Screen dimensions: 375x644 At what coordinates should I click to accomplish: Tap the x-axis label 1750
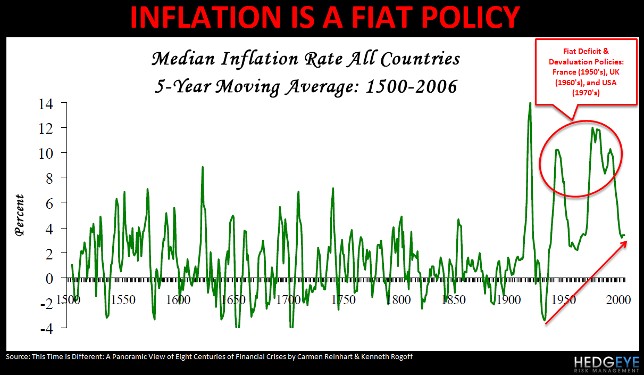click(343, 300)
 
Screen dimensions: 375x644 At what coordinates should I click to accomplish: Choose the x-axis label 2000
click(618, 300)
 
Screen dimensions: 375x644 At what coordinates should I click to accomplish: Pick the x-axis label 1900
click(508, 300)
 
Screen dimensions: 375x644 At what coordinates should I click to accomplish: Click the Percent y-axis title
click(20, 215)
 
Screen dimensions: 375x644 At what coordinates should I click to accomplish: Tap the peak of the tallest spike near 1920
click(530, 103)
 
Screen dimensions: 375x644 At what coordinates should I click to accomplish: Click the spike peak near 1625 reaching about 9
click(203, 167)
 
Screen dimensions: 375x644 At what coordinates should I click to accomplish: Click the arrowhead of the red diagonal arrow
click(626, 242)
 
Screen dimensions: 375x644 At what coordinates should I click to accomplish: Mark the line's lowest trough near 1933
click(545, 321)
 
